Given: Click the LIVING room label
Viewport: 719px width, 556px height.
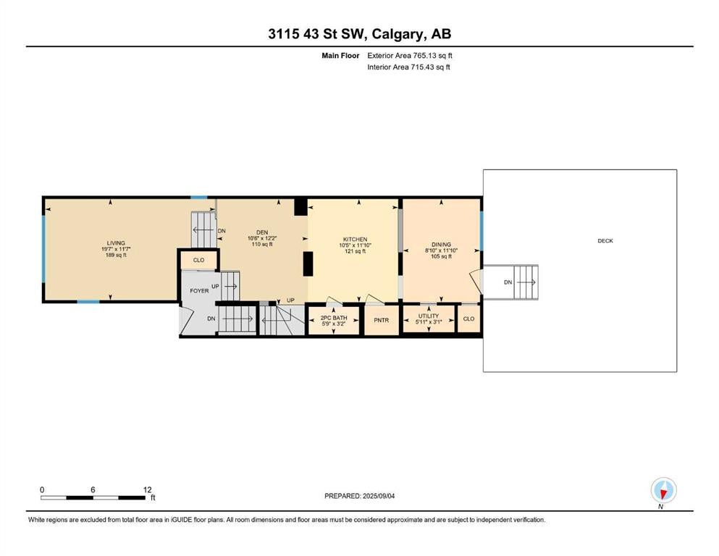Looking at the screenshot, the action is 116,243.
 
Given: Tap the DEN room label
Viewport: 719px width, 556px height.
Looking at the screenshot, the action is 262,232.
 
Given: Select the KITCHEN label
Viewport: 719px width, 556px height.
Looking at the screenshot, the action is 356,239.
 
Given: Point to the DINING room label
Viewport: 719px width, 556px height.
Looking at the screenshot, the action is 441,244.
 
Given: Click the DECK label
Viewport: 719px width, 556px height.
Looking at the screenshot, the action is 605,240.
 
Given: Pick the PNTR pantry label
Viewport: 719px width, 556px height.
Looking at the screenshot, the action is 381,320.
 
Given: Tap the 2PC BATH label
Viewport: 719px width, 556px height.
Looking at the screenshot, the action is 334,318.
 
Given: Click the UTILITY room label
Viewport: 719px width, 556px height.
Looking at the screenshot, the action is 429,316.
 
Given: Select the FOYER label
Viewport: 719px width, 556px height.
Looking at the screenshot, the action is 199,290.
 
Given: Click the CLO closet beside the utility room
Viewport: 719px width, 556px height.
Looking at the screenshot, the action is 468,319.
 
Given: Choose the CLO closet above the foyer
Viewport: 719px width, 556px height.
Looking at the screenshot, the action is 198,260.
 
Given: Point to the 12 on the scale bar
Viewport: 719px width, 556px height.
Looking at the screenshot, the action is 147,489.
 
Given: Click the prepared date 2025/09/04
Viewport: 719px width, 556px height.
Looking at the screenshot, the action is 378,496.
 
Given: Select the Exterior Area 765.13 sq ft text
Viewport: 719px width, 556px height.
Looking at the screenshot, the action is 410,56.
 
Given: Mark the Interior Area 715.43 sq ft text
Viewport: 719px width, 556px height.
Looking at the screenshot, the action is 408,67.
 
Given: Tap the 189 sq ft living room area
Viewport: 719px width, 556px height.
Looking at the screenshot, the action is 116,255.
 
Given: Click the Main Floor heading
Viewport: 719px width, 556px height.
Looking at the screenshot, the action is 340,56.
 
